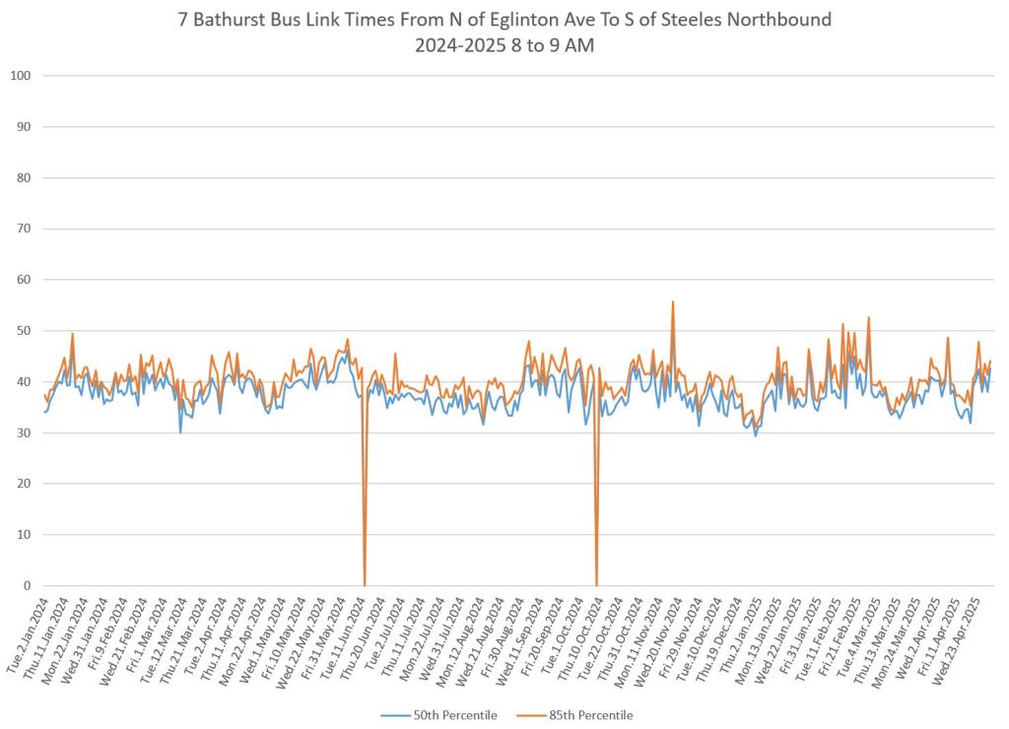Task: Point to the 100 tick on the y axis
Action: (21, 76)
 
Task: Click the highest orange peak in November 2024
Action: (672, 301)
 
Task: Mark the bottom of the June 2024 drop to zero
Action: (365, 584)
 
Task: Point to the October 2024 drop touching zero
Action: (596, 584)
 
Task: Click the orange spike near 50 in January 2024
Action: (72, 334)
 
